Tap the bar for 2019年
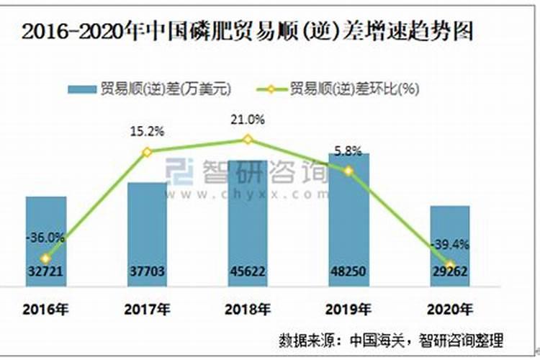[348, 216]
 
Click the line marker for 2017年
[147, 152]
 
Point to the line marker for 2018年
[248, 139]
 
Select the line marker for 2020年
[450, 264]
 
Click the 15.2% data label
[147, 132]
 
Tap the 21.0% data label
[248, 120]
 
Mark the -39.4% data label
[449, 245]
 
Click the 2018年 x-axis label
[248, 310]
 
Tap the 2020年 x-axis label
[450, 310]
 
